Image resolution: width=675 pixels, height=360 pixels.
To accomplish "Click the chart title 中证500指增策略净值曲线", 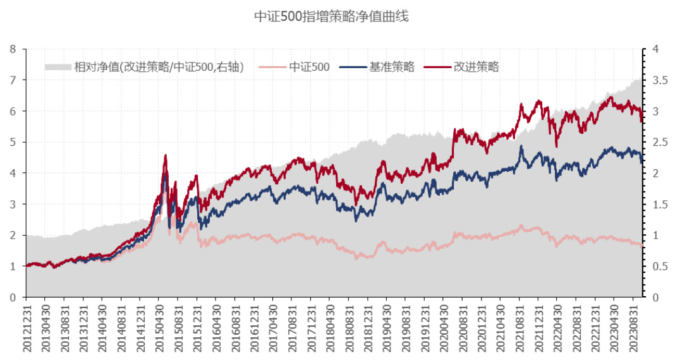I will coord(331,16).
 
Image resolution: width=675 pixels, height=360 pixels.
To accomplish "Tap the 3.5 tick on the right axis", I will coord(657,80).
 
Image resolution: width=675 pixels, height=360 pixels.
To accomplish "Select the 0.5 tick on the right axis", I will coord(657,266).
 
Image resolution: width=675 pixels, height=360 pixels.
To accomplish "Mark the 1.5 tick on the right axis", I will coord(657,204).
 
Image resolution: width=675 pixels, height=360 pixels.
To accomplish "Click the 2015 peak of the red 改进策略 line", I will coord(166,155).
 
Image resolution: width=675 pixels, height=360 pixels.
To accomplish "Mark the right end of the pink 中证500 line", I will coord(642,245).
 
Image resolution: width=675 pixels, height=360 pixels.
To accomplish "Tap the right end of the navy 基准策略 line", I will coord(642,162).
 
